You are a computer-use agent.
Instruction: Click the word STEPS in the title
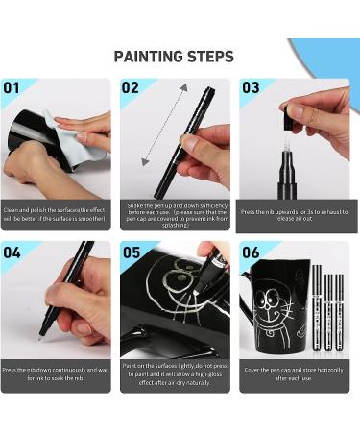pos(212,56)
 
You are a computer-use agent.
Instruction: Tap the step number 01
pos(12,88)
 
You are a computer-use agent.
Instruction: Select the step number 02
pos(132,88)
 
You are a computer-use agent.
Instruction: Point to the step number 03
pos(251,88)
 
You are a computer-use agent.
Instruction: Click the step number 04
pos(12,253)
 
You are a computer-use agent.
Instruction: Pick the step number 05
pos(132,253)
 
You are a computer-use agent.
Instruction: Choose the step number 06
pos(251,253)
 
